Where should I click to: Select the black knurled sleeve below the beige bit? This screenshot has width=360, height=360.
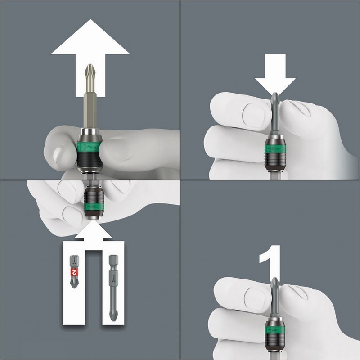tap(90, 160)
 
